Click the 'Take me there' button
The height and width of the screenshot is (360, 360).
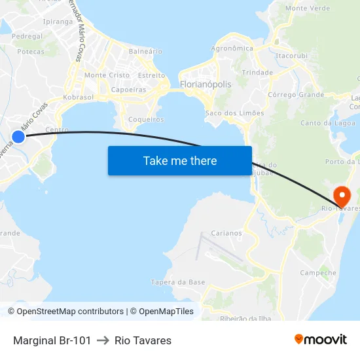180,160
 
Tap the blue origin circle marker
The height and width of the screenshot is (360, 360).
18,136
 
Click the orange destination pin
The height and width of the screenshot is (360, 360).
342,196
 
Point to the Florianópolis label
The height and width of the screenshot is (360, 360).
206,84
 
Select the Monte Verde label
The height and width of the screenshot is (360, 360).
308,9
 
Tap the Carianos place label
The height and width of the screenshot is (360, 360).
226,233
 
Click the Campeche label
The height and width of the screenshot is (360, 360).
318,273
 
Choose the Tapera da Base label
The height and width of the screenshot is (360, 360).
178,282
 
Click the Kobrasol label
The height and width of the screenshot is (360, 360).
79,97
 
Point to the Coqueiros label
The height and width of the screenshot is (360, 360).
146,119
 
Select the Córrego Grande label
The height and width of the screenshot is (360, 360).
296,95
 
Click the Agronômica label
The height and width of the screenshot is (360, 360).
232,48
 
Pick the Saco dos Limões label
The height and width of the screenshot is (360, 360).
235,113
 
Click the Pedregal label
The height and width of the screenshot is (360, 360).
27,37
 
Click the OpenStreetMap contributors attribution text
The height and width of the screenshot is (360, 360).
70,312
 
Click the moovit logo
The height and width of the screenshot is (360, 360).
321,340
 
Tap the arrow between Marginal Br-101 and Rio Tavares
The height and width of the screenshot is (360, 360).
103,340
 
